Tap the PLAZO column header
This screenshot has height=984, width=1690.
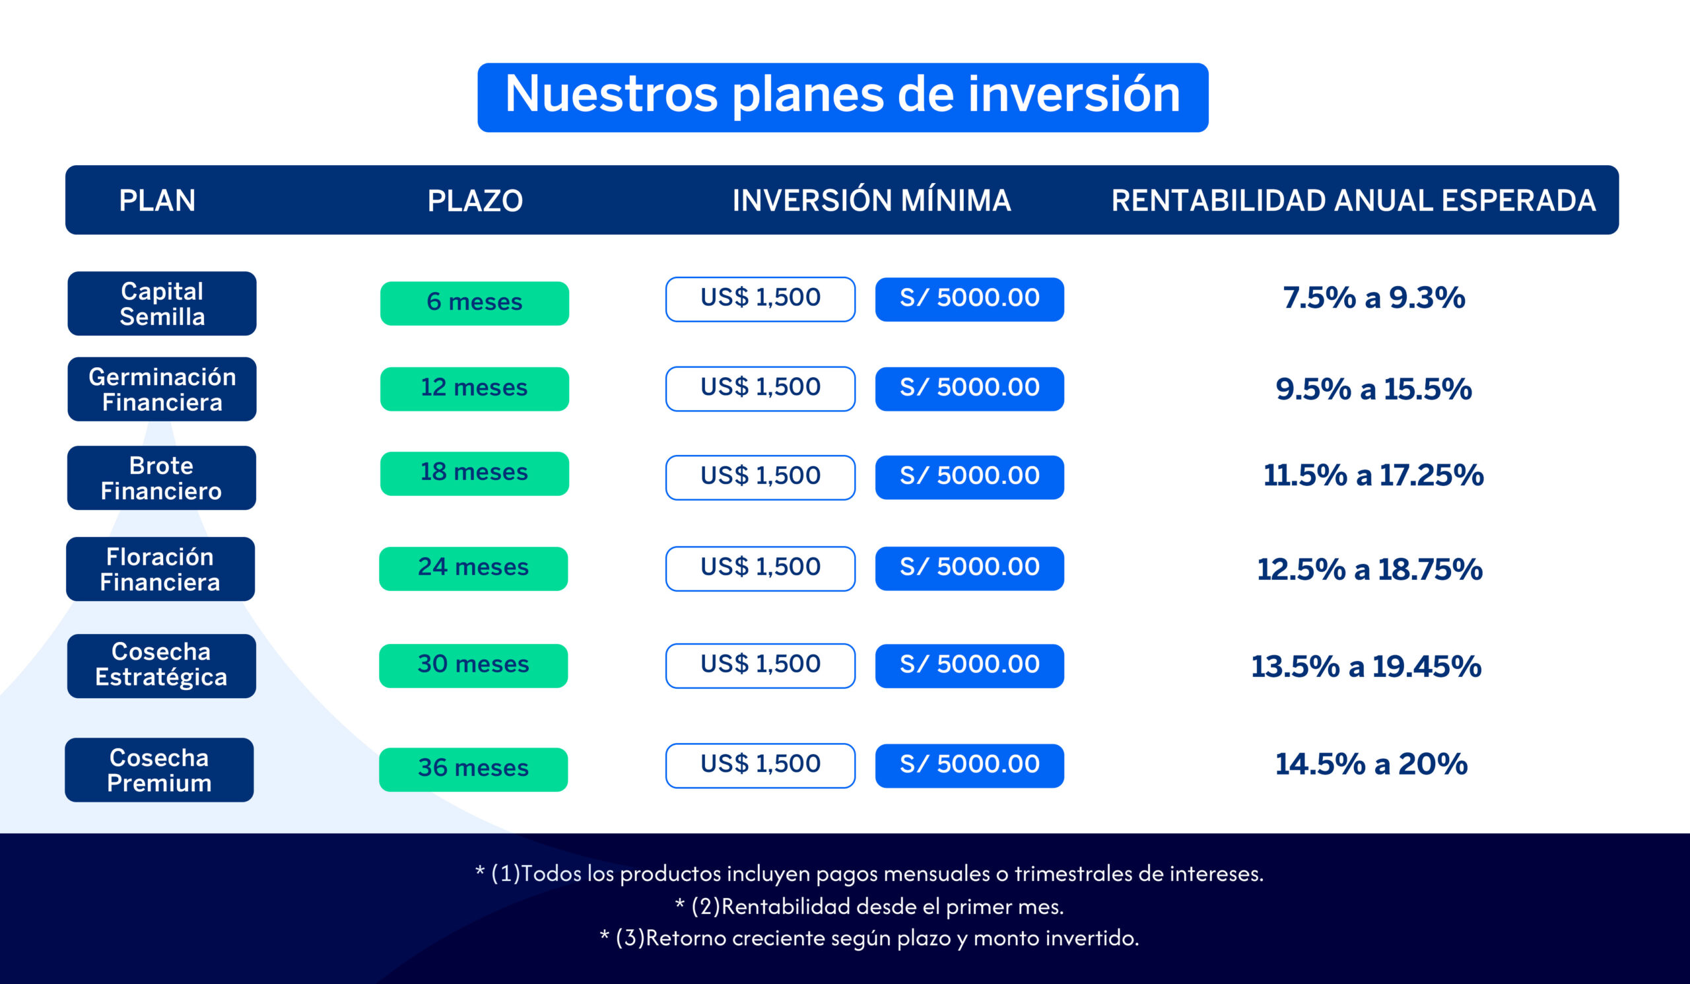tap(475, 201)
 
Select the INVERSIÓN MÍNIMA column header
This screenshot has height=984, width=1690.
tap(871, 200)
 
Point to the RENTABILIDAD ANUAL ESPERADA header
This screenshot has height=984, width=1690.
tap(1353, 201)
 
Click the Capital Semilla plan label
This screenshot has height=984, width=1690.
tap(162, 303)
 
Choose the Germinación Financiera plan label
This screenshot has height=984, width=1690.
tap(162, 389)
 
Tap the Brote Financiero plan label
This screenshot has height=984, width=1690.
tap(161, 477)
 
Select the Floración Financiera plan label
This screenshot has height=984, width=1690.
tap(160, 569)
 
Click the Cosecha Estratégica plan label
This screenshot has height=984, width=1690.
tap(161, 666)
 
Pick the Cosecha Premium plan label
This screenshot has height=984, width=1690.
tap(159, 770)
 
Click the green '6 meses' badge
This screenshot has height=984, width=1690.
tap(474, 303)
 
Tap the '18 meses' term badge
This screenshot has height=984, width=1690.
tap(474, 474)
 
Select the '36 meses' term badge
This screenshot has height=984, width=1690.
tap(473, 769)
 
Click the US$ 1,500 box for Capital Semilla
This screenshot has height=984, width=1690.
tap(760, 299)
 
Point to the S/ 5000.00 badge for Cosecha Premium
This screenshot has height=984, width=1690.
tap(969, 765)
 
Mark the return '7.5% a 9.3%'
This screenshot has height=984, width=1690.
tap(1374, 298)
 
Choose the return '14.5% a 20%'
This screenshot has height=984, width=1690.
tap(1370, 764)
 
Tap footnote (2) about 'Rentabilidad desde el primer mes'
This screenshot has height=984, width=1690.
tap(869, 906)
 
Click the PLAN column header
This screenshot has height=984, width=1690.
tap(157, 201)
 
